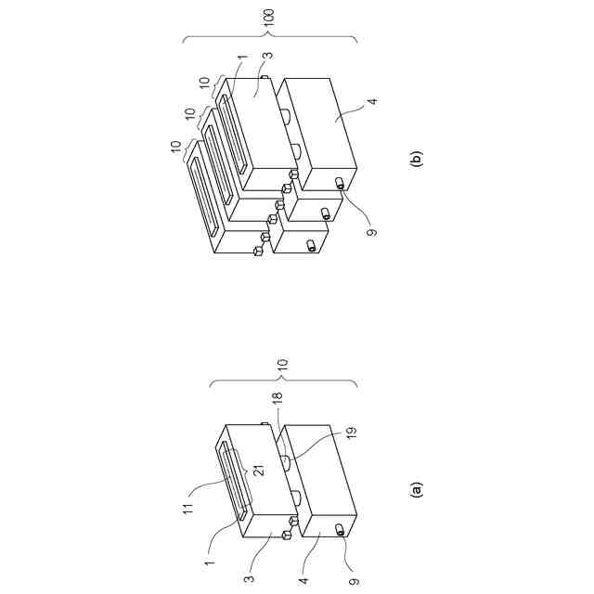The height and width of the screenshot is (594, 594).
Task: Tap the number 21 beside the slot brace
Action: coord(259,470)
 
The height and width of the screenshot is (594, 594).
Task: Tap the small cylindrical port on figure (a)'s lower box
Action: coord(341,530)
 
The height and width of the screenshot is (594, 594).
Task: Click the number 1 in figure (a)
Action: coord(210,562)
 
